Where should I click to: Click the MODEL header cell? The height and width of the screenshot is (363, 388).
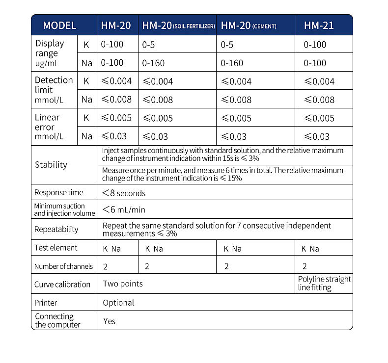(59, 26)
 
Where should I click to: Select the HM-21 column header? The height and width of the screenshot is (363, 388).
(319, 26)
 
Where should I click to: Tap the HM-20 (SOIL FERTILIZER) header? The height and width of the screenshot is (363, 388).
(178, 26)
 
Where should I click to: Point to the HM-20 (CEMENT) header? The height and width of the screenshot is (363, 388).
(248, 26)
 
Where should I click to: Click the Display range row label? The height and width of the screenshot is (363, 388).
(50, 53)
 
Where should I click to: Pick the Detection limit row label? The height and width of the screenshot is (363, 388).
(54, 90)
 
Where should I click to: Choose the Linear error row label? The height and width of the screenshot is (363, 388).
(49, 127)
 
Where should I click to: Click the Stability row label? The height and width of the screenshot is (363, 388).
(51, 165)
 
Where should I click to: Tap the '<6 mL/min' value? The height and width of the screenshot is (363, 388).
(123, 210)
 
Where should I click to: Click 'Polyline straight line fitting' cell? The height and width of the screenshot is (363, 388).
(324, 284)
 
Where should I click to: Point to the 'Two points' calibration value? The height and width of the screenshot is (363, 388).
(123, 284)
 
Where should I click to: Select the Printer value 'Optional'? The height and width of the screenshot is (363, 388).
(118, 303)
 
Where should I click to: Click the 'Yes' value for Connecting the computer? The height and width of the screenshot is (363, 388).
(109, 321)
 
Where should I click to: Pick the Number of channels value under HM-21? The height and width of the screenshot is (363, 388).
(305, 266)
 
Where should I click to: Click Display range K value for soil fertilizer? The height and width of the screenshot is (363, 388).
(148, 45)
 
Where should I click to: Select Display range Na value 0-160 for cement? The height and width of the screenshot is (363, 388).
(232, 63)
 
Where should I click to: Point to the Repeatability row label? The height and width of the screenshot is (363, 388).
(56, 229)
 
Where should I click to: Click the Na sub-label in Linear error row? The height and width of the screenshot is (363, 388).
(87, 136)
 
